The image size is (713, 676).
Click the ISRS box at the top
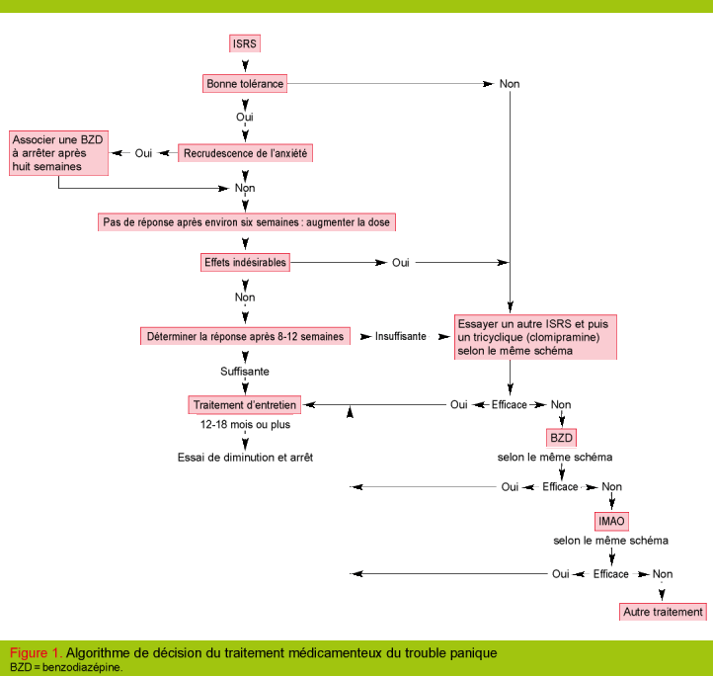(x=245, y=44)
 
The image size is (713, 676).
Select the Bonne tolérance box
(x=245, y=84)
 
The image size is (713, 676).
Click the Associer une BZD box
(x=58, y=153)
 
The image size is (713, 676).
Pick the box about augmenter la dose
(x=248, y=222)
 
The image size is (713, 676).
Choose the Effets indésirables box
(x=245, y=263)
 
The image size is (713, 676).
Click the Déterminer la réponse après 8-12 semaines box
(x=246, y=337)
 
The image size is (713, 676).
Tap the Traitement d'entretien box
(x=245, y=405)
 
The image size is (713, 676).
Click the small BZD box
(x=561, y=438)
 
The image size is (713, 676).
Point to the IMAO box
(x=611, y=521)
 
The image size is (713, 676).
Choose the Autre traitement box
(x=664, y=612)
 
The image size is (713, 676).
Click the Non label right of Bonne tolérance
(x=510, y=84)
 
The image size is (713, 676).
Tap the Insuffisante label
(x=401, y=337)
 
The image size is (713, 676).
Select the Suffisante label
(x=245, y=372)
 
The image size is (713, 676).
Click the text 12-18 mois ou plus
(x=245, y=425)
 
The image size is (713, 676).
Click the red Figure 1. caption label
(x=36, y=653)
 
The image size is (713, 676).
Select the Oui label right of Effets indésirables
(x=401, y=263)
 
